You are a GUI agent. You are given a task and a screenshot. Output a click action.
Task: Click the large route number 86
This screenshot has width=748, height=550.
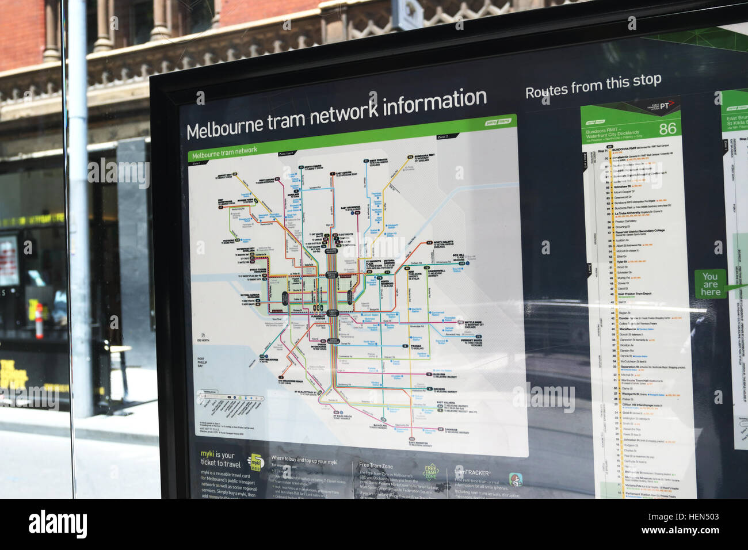click(x=667, y=128)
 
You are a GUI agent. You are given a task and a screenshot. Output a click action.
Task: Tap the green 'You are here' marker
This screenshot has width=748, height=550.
click(x=710, y=284)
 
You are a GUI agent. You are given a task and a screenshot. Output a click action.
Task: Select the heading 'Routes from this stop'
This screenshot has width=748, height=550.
click(x=593, y=86)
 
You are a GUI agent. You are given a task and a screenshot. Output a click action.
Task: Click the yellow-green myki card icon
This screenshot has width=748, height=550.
click(x=254, y=461)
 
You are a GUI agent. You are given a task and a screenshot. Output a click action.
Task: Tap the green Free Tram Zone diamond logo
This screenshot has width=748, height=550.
click(x=431, y=472)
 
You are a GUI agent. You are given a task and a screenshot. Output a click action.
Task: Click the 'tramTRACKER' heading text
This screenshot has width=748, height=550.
click(x=472, y=472)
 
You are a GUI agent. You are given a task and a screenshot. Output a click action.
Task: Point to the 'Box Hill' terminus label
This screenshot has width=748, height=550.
click(x=459, y=257)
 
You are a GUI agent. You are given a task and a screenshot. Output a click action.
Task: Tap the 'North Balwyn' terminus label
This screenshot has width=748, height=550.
click(x=443, y=243)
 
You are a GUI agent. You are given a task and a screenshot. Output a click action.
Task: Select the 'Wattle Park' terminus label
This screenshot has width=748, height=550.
click(x=472, y=323)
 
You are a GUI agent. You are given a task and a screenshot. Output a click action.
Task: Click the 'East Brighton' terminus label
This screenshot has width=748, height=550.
click(x=418, y=443)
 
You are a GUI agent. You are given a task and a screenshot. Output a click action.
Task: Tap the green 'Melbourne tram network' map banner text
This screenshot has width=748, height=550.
click(x=224, y=153)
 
